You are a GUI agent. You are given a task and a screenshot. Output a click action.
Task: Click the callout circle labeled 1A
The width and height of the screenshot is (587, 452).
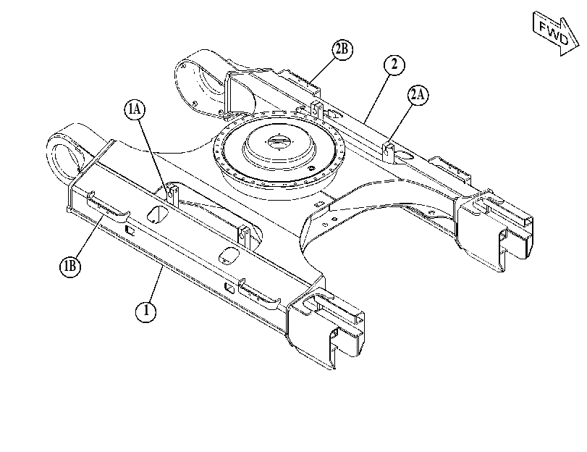click(x=135, y=109)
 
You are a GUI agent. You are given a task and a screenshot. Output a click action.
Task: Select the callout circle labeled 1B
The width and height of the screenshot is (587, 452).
click(x=70, y=267)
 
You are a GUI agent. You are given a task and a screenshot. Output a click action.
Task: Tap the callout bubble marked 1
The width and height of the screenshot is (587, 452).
click(x=145, y=311)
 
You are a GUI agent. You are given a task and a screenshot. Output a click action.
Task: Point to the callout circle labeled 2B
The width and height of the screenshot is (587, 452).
click(x=342, y=49)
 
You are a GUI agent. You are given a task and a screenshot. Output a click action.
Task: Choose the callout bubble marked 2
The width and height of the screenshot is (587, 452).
click(x=394, y=65)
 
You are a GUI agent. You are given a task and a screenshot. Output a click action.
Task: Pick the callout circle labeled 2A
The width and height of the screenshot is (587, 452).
click(x=418, y=95)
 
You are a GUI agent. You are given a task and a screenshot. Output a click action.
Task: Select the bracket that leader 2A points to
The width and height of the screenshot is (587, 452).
click(x=388, y=151)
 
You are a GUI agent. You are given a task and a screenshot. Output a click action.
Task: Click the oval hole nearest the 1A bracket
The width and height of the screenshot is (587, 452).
click(x=158, y=214)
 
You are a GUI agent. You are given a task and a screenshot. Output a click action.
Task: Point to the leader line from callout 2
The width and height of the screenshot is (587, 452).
click(x=378, y=99)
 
